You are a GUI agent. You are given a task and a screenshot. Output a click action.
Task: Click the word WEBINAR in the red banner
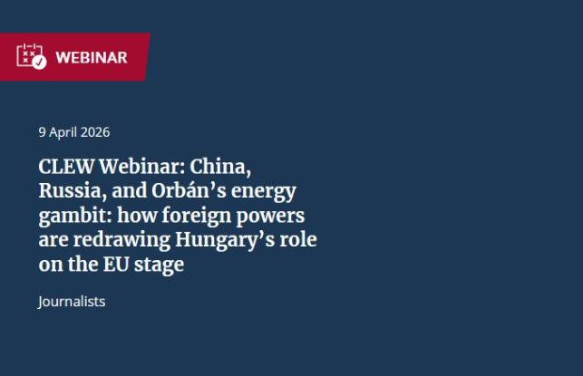[x=92, y=58]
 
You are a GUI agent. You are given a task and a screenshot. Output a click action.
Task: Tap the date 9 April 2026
[x=73, y=132]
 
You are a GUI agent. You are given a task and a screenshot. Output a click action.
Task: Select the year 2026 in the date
[x=94, y=132]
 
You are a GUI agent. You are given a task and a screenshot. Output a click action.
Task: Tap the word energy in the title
[x=264, y=192]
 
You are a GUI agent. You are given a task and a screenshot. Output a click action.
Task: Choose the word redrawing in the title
[x=115, y=241]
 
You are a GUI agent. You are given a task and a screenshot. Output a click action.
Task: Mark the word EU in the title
[x=112, y=265]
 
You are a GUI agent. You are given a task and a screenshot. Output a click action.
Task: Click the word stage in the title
[x=158, y=265]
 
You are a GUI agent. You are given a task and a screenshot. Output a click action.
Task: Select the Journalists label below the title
[x=72, y=302]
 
